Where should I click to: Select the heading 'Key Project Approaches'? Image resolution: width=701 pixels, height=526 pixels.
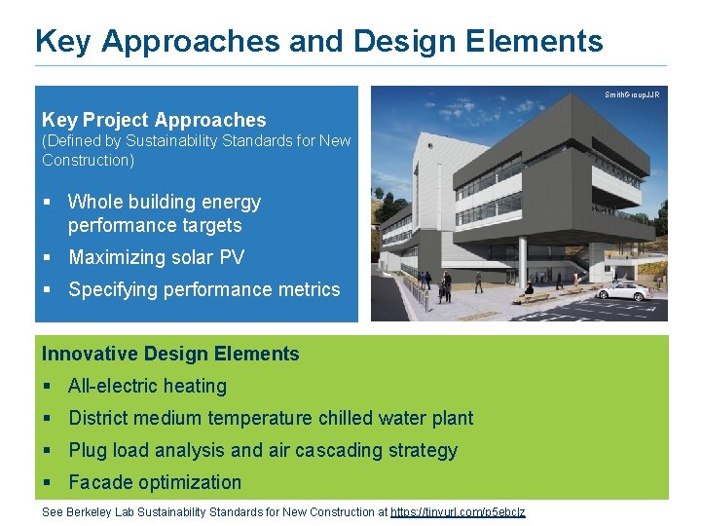(x=154, y=120)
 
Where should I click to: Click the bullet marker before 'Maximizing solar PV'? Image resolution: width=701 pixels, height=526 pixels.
(x=47, y=258)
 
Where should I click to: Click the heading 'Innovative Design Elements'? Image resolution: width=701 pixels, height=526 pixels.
(x=170, y=354)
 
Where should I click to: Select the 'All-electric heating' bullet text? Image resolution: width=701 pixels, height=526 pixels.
(x=147, y=386)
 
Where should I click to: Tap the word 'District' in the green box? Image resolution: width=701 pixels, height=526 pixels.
(x=100, y=418)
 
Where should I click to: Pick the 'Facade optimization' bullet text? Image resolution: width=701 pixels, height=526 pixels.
(x=155, y=482)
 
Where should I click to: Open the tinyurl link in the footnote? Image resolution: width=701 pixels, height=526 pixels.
(x=457, y=512)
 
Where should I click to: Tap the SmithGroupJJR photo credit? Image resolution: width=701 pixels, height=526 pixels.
(x=631, y=94)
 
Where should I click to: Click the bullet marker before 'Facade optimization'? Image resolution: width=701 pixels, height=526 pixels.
(x=47, y=483)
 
